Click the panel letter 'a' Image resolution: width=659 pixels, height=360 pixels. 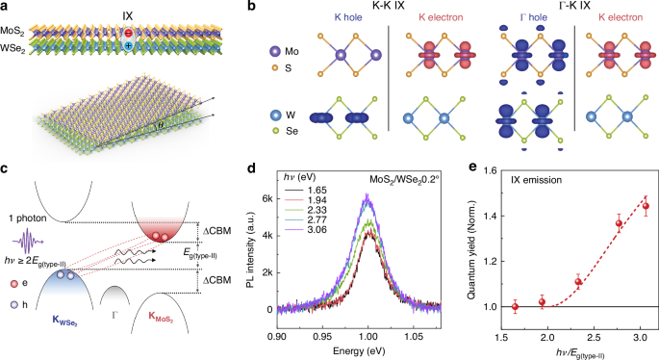tap(6, 8)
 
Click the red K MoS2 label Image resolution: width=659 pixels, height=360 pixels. tap(163, 337)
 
